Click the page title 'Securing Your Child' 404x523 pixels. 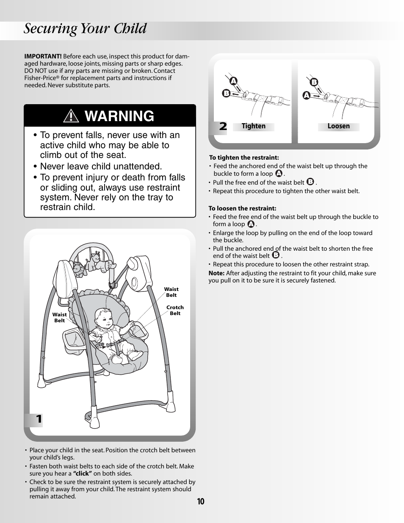tap(85, 29)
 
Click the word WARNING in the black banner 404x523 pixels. tap(120, 116)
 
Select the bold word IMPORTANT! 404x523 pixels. tap(43, 56)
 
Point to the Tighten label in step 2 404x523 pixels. tap(253, 126)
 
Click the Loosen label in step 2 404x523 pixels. tap(338, 126)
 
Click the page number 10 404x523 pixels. tap(200, 502)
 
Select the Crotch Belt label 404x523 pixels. tap(175, 310)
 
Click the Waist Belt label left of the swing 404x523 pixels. tap(59, 318)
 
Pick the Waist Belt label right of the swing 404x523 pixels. tap(171, 292)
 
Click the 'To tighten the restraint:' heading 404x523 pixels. tap(244, 158)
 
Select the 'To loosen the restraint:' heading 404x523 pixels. tap(242, 208)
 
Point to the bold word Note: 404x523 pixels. tap(216, 273)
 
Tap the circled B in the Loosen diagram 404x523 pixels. tap(314, 82)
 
